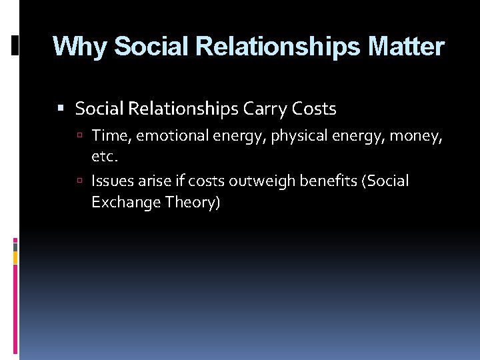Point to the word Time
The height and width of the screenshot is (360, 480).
(x=110, y=136)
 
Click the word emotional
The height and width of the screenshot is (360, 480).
(x=173, y=136)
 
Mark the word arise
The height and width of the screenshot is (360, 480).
(x=155, y=181)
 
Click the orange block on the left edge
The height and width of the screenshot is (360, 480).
(x=15, y=257)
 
